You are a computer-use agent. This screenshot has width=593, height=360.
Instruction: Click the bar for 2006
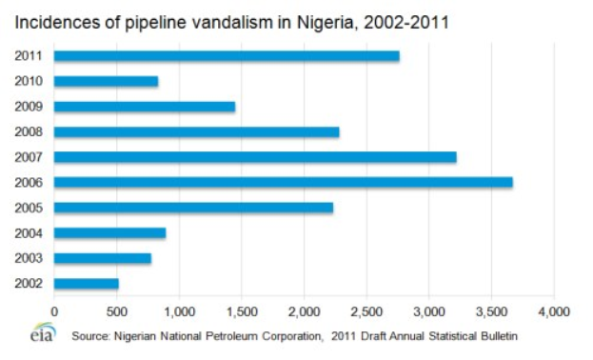point(283,182)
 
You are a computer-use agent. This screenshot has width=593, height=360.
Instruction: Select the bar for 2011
point(227,56)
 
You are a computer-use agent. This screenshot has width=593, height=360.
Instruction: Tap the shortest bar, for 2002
point(87,283)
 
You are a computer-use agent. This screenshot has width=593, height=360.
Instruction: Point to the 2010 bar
point(106,81)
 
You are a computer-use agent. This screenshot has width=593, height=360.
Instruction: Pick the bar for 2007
point(255,157)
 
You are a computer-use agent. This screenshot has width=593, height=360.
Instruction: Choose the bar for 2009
point(145,107)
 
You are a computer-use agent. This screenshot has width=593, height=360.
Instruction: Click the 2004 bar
point(109,232)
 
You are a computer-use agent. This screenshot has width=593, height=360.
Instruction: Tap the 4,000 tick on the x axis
point(554,310)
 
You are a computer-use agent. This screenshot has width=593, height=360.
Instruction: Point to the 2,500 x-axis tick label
point(366,310)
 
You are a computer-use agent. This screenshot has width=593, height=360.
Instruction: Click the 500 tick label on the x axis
point(116,310)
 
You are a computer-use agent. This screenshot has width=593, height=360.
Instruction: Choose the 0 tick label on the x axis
point(54,310)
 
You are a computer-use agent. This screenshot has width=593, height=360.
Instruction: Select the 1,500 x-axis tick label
point(242,310)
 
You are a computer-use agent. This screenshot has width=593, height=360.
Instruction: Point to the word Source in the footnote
point(91,335)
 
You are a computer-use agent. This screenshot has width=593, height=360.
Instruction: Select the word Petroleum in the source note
point(243,335)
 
